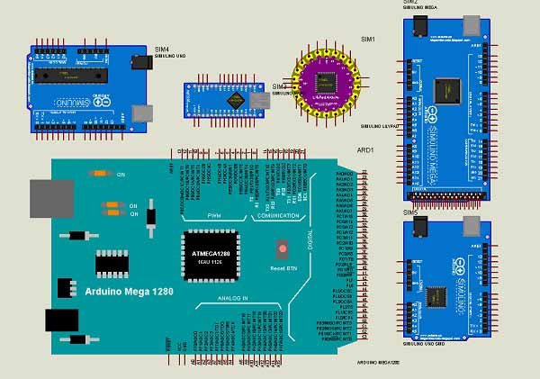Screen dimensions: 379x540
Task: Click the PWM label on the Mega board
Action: tap(214, 217)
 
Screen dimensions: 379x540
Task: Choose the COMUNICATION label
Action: tap(277, 217)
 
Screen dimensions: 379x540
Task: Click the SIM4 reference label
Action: tap(162, 49)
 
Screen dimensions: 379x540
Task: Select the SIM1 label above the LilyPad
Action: tap(367, 40)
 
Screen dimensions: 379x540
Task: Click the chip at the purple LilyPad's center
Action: tap(325, 83)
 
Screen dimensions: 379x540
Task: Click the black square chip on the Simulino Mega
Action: tap(446, 89)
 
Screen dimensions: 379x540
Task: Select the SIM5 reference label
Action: tap(410, 212)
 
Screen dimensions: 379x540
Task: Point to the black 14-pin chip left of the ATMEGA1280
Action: tap(113, 262)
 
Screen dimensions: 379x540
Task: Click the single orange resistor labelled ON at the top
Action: tap(100, 173)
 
